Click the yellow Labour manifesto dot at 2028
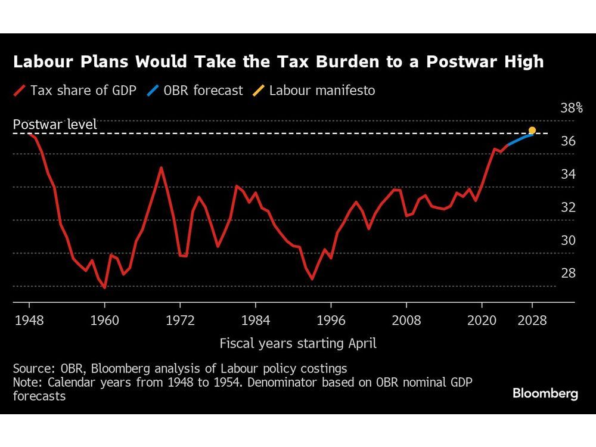[532, 131]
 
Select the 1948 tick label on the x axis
[29, 321]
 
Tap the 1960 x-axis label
[104, 321]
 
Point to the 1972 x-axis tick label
[180, 321]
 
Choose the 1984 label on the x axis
[256, 321]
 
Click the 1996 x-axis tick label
[331, 321]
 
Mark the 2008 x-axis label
[406, 321]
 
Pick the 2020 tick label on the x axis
[482, 321]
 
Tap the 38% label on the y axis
[571, 108]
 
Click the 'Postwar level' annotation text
[55, 125]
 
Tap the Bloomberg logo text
[545, 394]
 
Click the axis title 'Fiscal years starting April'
[298, 343]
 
